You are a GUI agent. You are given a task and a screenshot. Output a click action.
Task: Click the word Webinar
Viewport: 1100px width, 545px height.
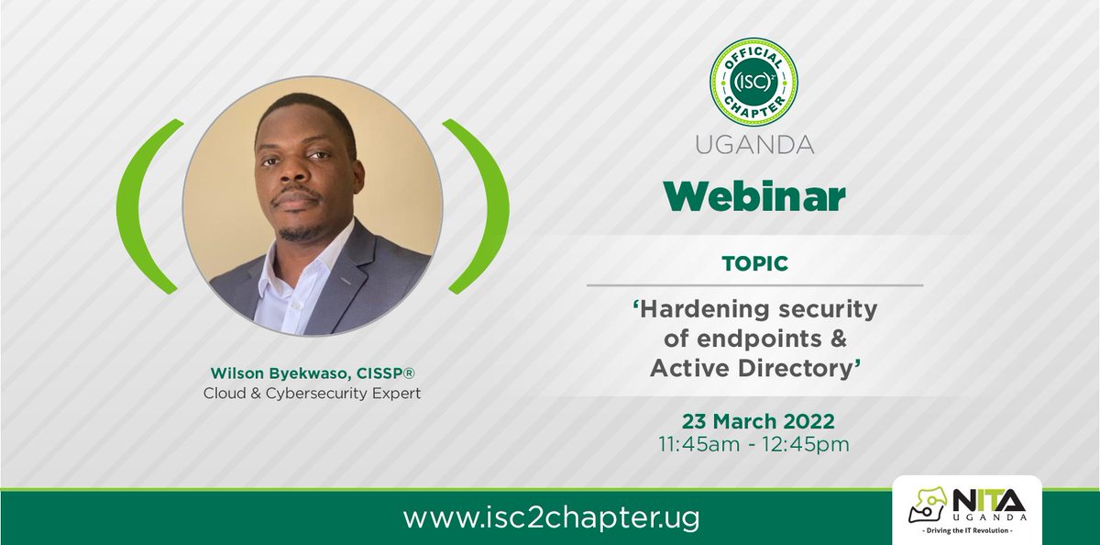tap(753, 195)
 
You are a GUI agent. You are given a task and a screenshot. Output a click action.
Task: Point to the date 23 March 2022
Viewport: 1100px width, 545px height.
tap(757, 421)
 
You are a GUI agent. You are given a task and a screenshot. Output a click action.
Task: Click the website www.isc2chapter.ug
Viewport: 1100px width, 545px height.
tap(551, 517)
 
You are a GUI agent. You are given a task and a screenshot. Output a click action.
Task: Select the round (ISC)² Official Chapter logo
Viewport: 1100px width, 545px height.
tap(753, 82)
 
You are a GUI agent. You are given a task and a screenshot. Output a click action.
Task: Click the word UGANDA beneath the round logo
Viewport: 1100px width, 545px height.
tap(753, 145)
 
